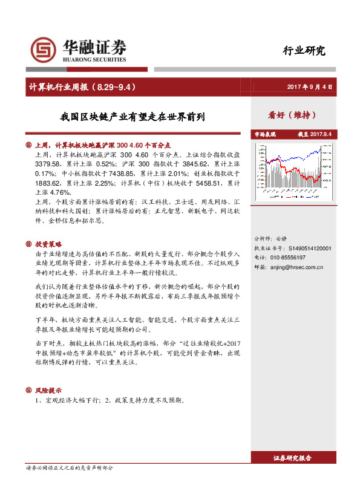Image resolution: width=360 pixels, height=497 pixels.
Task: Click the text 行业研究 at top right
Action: pyautogui.click(x=304, y=51)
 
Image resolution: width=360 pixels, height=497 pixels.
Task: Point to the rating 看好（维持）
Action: pyautogui.click(x=292, y=115)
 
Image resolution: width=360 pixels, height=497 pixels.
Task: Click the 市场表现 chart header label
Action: pyautogui.click(x=264, y=134)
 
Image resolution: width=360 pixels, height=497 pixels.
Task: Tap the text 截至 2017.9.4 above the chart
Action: pyautogui.click(x=315, y=134)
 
